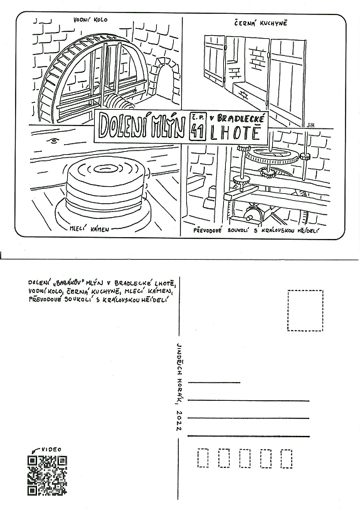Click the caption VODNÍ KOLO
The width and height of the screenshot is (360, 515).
pos(90,19)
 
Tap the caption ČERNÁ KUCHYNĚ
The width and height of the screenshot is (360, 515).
pos(260,23)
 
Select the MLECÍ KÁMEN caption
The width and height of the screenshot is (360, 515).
pos(89,229)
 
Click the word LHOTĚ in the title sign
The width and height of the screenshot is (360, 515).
pos(236,133)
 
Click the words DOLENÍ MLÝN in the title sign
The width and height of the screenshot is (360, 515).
pos(142,127)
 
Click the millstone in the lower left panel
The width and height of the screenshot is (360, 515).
pos(105,189)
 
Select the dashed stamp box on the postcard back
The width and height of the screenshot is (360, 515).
pos(305,311)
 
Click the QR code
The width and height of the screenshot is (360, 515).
pos(47,475)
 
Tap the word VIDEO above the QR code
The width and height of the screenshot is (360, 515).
pos(51,449)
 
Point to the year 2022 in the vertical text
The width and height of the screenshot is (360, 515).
pos(179,421)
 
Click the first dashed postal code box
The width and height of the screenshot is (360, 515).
pos(203,458)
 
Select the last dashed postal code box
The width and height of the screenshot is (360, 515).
pos(287,458)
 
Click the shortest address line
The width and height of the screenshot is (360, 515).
pos(214,382)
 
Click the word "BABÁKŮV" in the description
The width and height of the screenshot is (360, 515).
pos(68,283)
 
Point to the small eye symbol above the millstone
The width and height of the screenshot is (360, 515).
pos(52,141)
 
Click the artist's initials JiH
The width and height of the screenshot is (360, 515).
pos(310,125)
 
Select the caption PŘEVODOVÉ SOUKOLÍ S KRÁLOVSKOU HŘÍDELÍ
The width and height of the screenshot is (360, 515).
pos(257,230)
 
